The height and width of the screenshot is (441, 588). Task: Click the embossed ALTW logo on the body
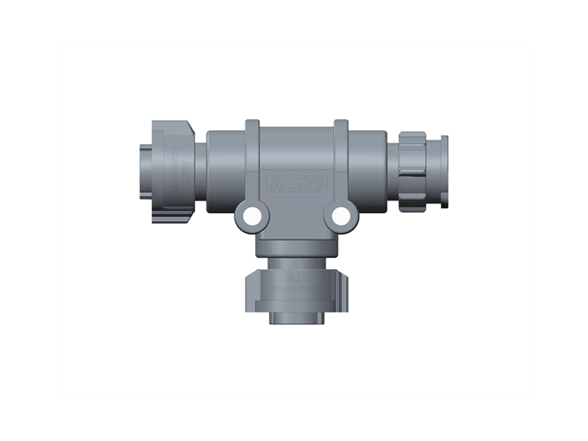pos(298,184)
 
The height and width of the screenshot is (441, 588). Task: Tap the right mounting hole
pos(340,216)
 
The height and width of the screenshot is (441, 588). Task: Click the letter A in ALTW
pos(277,184)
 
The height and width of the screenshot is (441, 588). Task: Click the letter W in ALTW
pos(318,184)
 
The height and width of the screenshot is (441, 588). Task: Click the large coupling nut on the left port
pos(175,171)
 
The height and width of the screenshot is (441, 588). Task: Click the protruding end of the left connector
pos(145,171)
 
